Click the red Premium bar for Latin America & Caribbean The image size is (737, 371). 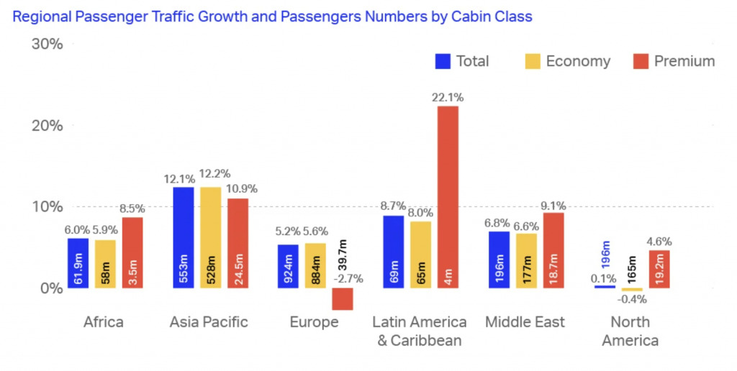click(x=448, y=197)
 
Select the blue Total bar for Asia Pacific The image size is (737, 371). click(x=184, y=237)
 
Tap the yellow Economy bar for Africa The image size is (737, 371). click(x=105, y=264)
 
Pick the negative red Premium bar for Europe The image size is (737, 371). click(x=343, y=298)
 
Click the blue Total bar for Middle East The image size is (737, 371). click(x=499, y=260)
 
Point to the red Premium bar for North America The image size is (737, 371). click(x=659, y=269)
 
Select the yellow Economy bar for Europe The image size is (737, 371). click(x=315, y=265)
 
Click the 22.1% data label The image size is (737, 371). click(x=448, y=98)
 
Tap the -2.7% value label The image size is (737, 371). click(x=348, y=278)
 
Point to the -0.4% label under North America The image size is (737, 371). click(x=632, y=298)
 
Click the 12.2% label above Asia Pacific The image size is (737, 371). click(x=214, y=174)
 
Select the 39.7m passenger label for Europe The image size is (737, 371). click(x=343, y=255)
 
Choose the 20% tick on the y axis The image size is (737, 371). click(x=47, y=126)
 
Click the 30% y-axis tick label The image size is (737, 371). click(x=47, y=44)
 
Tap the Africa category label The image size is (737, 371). click(x=104, y=322)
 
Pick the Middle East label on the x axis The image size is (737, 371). click(x=525, y=322)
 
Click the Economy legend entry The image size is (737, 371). click(x=568, y=61)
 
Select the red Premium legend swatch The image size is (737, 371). click(x=641, y=61)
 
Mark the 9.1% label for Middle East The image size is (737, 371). click(x=553, y=206)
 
